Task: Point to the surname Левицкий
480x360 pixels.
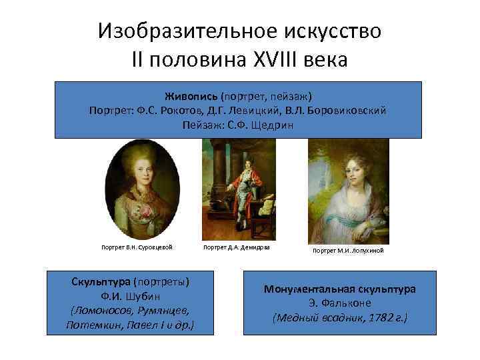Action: click(256, 110)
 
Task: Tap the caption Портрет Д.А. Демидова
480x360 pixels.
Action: click(235, 247)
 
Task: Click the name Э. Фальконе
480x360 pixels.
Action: click(339, 304)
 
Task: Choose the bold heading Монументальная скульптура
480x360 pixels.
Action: click(340, 289)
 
